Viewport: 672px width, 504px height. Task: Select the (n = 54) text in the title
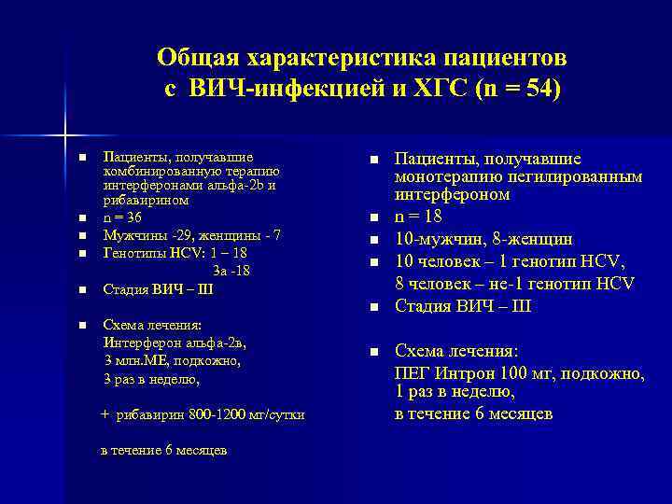coord(518,91)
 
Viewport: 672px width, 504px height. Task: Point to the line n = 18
coord(419,217)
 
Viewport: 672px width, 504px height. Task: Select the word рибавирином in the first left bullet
coord(146,200)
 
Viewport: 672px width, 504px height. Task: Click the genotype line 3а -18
coord(231,271)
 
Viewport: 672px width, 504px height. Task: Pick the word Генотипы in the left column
coord(132,252)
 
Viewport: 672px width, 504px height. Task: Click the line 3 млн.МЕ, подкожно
coord(172,360)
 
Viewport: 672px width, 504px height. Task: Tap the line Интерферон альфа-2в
coord(174,343)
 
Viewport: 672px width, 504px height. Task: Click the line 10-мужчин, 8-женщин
coord(483,239)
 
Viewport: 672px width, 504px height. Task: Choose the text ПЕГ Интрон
coord(444,373)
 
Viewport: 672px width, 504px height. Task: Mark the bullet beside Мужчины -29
coord(82,235)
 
